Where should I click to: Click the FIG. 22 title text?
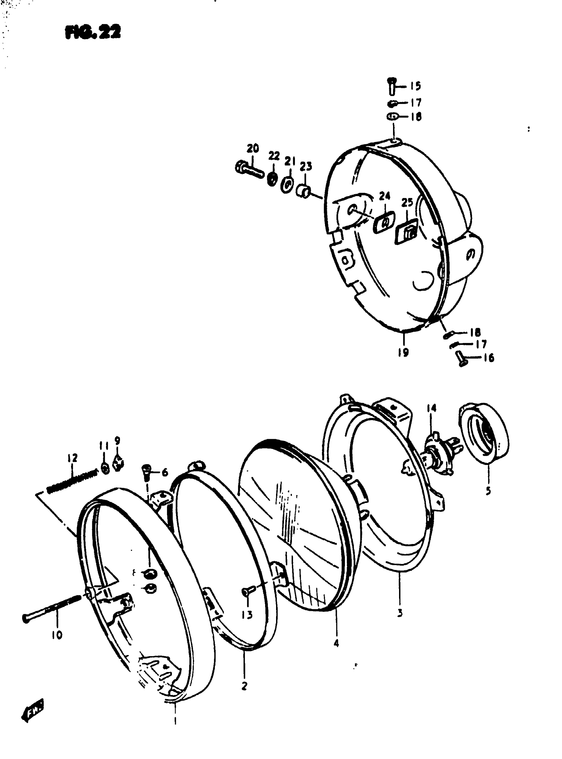click(x=93, y=33)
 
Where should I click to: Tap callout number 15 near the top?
click(x=415, y=86)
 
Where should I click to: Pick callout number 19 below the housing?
click(x=403, y=352)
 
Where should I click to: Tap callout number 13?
click(x=247, y=615)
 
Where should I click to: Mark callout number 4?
click(x=336, y=643)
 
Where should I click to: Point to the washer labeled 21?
click(x=288, y=185)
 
